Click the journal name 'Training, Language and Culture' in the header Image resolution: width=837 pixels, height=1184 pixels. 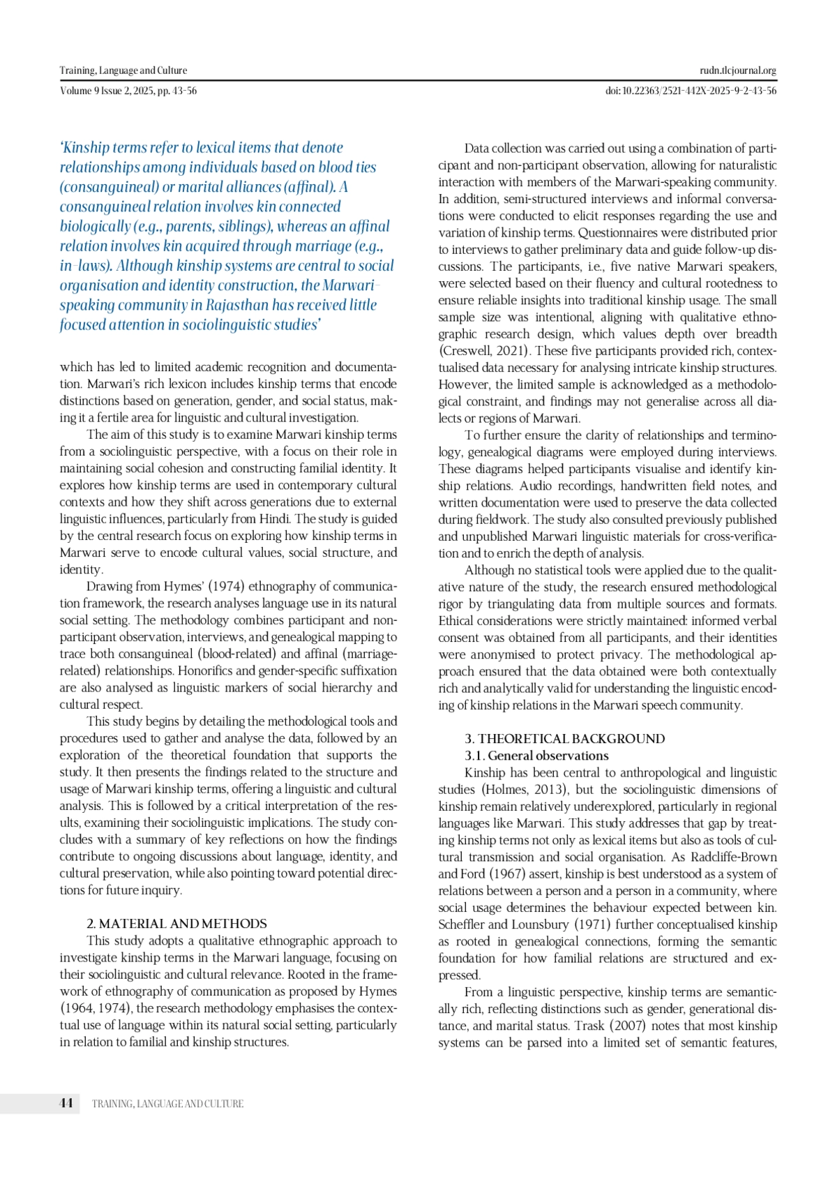[x=123, y=70]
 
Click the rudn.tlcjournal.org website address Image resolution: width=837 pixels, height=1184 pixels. [x=738, y=70]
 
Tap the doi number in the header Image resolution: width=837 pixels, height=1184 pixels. [x=691, y=91]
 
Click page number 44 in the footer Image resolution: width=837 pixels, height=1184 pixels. [x=66, y=1103]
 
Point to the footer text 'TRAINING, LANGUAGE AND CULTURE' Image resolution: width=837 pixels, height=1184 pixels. [x=168, y=1104]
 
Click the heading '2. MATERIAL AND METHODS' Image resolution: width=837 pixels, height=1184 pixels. [x=176, y=924]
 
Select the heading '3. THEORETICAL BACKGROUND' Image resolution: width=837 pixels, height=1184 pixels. [x=565, y=739]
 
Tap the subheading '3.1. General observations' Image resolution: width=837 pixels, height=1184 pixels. [x=537, y=756]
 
